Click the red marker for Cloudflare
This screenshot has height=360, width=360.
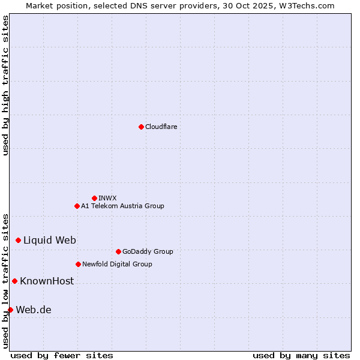(141, 127)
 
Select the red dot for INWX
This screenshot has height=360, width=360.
(94, 198)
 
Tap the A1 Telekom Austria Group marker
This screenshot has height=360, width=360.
(77, 206)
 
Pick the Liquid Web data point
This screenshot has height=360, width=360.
(18, 240)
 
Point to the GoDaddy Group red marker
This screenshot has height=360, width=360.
(118, 251)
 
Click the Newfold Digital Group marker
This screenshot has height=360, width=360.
(78, 264)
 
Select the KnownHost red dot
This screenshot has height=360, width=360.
(14, 281)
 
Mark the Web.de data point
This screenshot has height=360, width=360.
(10, 310)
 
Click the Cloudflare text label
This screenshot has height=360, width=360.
(161, 127)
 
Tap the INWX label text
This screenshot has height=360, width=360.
(107, 198)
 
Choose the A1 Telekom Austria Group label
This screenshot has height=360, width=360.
(122, 206)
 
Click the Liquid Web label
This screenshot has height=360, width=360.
(50, 240)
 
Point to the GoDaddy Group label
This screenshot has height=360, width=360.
(148, 251)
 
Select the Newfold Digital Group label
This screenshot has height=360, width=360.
(117, 264)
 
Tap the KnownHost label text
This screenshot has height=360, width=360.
(47, 281)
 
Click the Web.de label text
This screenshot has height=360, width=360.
(34, 310)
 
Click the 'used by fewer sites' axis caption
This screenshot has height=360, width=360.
(62, 355)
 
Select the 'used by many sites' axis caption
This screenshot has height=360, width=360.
(301, 355)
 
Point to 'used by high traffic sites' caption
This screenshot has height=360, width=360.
(5, 85)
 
